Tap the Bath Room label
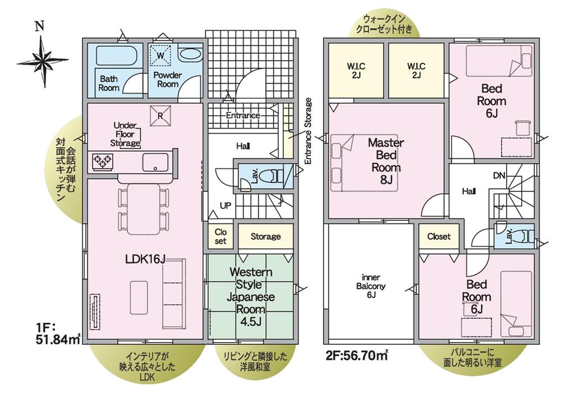click(108, 83)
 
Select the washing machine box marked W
click(160, 56)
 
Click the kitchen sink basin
click(155, 162)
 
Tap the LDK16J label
click(145, 259)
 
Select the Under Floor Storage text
click(125, 135)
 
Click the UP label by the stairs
click(226, 206)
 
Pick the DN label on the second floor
click(499, 175)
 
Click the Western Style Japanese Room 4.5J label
click(251, 297)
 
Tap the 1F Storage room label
click(265, 236)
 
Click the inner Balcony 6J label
click(371, 286)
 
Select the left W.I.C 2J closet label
click(356, 71)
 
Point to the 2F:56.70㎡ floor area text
click(357, 356)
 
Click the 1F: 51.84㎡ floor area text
click(57, 333)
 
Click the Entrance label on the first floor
click(243, 115)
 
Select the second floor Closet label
click(439, 236)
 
